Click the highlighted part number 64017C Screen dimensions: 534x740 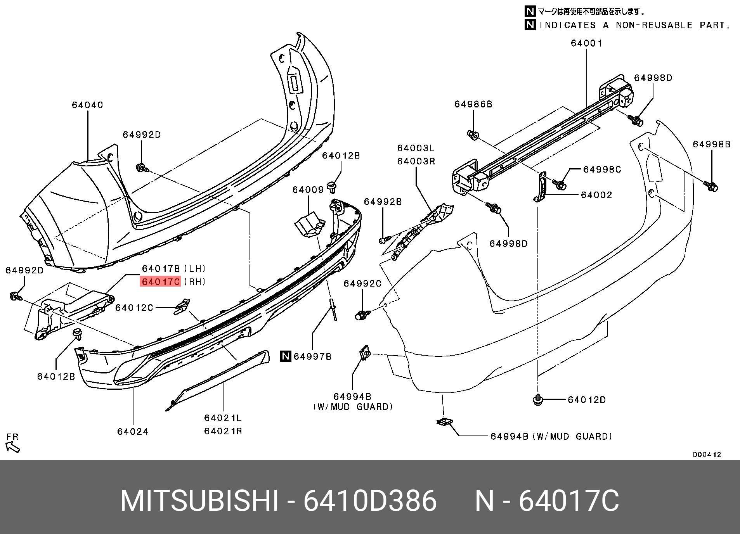pyautogui.click(x=161, y=282)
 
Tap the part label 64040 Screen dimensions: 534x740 pyautogui.click(x=87, y=105)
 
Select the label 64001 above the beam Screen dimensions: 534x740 pyautogui.click(x=586, y=43)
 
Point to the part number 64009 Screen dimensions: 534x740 pyautogui.click(x=308, y=190)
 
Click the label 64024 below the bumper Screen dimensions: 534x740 pyautogui.click(x=133, y=432)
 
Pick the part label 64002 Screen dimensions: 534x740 pyautogui.click(x=596, y=195)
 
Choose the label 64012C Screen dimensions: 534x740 pyautogui.click(x=134, y=308)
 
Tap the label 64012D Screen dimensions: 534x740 pyautogui.click(x=586, y=400)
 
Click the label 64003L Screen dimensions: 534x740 pyautogui.click(x=416, y=148)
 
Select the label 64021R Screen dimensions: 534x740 pyautogui.click(x=223, y=431)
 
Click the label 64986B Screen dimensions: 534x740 pyautogui.click(x=473, y=104)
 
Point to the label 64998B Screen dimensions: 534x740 pyautogui.click(x=712, y=144)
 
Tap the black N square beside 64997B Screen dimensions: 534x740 pyautogui.click(x=286, y=356)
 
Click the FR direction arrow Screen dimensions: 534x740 pyautogui.click(x=13, y=448)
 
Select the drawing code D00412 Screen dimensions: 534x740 pyautogui.click(x=707, y=455)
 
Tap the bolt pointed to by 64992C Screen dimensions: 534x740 pyautogui.click(x=360, y=315)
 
